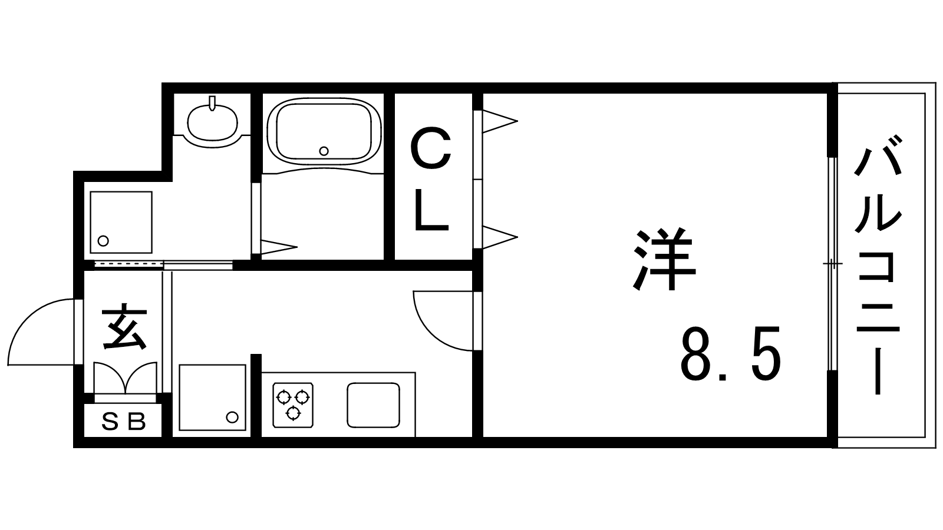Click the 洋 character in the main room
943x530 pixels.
pos(665,260)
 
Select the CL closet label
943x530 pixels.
pos(431,180)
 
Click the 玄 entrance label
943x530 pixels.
pos(124,327)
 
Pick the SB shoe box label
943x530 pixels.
pos(124,422)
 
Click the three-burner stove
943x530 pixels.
pos(293,405)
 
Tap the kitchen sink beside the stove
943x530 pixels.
pos(374,405)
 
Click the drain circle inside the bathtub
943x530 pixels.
pos(324,151)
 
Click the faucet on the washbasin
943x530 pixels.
pos(212,102)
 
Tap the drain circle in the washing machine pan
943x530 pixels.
pos(103,241)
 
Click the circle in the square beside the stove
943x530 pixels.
pos(232,418)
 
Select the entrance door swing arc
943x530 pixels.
pos(42,332)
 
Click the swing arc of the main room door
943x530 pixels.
pos(443,320)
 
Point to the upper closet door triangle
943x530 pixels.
pos(500,121)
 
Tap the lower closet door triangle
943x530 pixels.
pos(500,237)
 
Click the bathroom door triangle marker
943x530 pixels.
pos(279,247)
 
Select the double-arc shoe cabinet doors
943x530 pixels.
pos(125,377)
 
